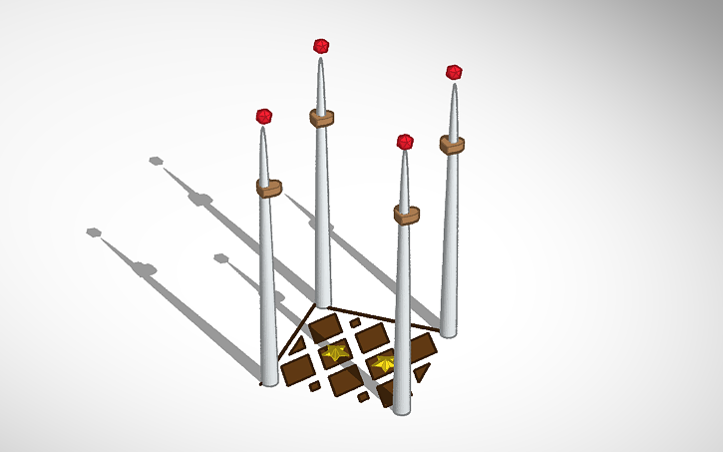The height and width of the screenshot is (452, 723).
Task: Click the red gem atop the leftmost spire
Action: (x=264, y=117)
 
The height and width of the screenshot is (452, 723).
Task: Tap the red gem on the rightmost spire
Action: (x=454, y=73)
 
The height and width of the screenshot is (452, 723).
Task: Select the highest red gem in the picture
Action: (x=321, y=46)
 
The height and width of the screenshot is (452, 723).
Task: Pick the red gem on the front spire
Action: (x=405, y=142)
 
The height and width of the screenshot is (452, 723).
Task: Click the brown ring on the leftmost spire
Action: (x=268, y=188)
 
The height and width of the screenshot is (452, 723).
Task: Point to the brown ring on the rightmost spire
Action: (x=452, y=144)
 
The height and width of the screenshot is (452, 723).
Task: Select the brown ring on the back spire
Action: (x=321, y=118)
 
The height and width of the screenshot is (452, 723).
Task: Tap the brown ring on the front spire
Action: (x=405, y=214)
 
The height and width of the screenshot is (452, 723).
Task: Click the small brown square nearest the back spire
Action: (x=354, y=322)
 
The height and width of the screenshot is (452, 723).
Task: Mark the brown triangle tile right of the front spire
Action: (x=423, y=371)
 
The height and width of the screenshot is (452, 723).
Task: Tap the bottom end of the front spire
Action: (x=401, y=410)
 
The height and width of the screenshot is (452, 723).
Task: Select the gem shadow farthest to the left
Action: (x=93, y=231)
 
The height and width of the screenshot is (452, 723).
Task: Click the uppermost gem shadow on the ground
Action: (x=156, y=160)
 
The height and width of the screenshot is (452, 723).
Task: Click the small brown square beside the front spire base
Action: (x=364, y=396)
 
